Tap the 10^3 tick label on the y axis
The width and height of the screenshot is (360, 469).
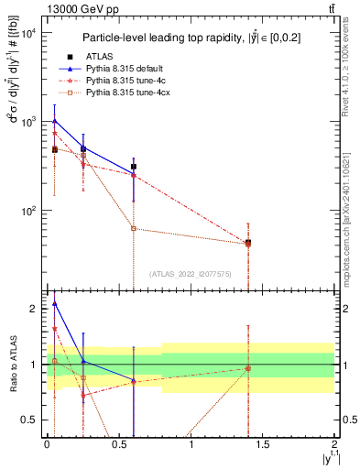pos(27,122)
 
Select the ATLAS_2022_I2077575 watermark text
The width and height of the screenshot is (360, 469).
pos(190,273)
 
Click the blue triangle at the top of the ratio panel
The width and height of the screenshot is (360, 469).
pos(54,303)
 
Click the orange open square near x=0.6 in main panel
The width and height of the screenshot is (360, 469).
pos(134,228)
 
